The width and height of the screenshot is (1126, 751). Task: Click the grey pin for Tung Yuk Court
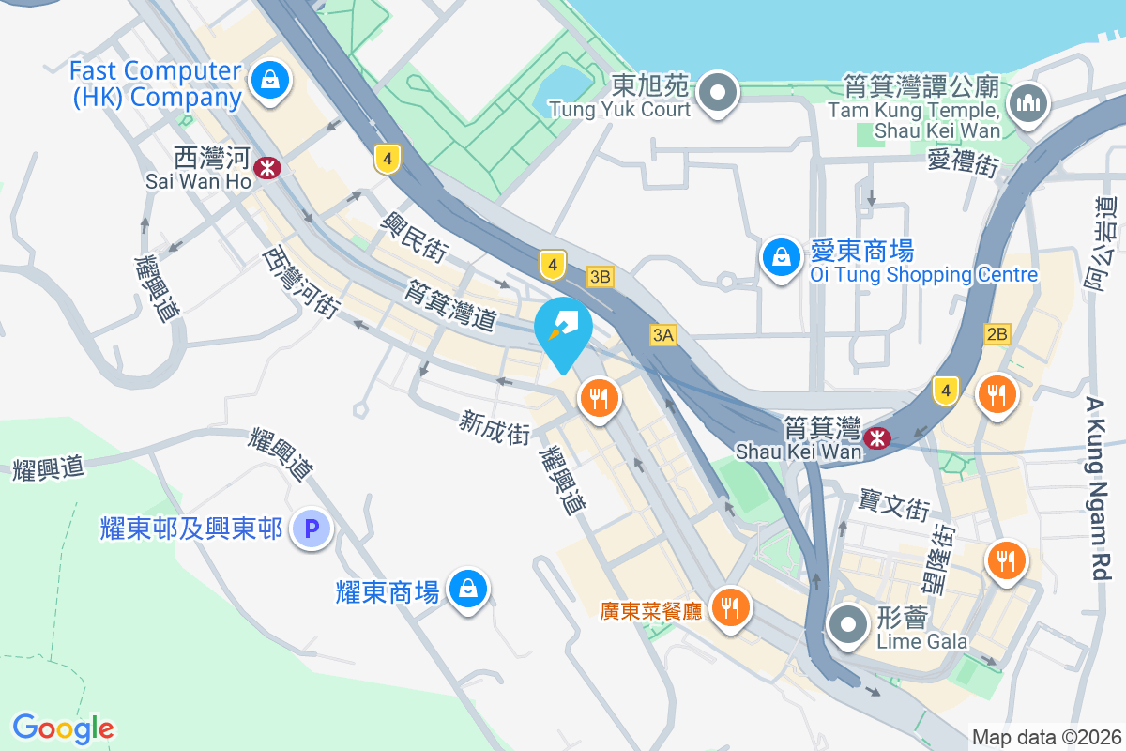tap(719, 92)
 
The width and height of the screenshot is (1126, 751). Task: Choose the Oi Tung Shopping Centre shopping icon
tap(781, 254)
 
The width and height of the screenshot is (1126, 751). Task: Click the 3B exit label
tap(601, 277)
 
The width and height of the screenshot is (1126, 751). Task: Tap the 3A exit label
tap(663, 334)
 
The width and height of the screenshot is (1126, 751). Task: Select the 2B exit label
tap(997, 333)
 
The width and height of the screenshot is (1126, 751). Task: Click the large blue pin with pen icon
tap(563, 330)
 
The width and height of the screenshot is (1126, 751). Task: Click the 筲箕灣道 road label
tap(450, 305)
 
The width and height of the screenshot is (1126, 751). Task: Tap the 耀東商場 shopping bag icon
tap(465, 590)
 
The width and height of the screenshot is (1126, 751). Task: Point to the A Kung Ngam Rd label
tap(1099, 488)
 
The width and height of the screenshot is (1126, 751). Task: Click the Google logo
tap(64, 728)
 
